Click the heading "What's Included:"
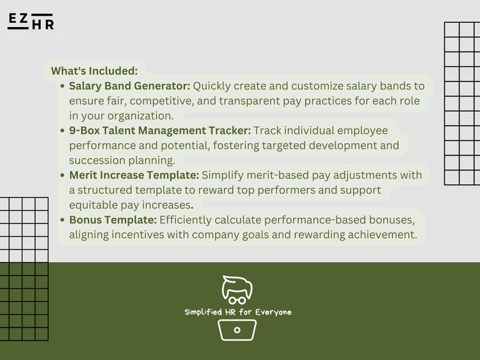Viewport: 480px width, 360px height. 94,71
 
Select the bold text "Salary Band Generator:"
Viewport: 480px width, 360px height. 129,86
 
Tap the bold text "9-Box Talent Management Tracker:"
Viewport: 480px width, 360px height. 160,130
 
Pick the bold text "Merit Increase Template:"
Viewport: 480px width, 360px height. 134,175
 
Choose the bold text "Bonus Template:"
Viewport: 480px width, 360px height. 113,220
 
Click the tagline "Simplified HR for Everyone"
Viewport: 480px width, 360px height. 238,312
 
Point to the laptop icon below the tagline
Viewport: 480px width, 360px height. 237,330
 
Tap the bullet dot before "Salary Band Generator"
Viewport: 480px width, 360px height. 63,86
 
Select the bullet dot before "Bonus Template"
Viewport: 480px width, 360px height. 63,220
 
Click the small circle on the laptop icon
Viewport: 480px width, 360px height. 237,330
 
